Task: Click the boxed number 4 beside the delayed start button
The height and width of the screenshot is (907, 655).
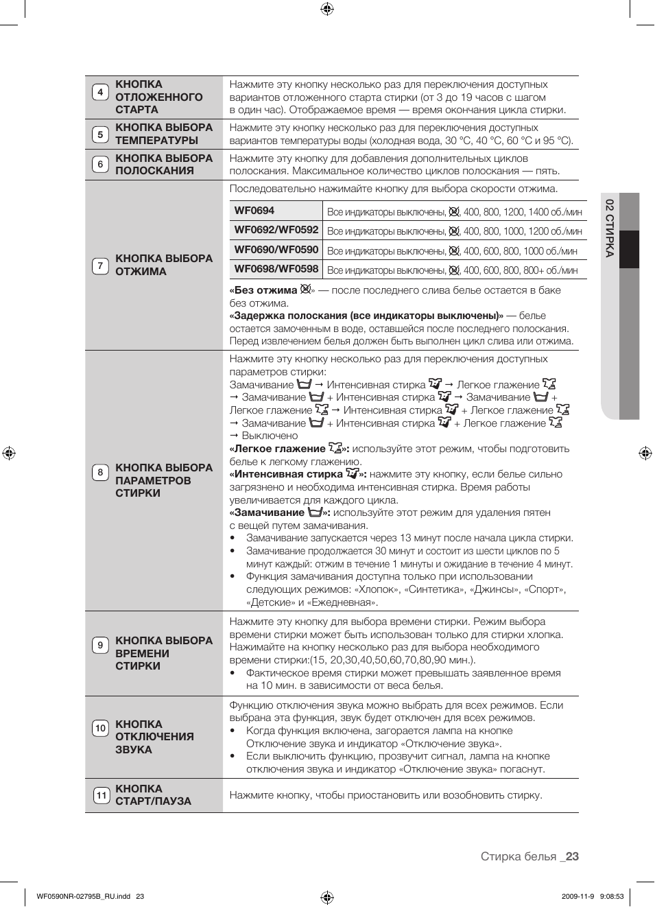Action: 100,91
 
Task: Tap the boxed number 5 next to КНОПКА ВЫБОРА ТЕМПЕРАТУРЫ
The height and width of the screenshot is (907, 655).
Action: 100,134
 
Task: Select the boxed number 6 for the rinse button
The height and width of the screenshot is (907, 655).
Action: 100,165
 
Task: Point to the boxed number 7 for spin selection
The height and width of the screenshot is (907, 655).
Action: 100,266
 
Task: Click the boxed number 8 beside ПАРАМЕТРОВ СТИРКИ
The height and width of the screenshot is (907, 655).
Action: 100,472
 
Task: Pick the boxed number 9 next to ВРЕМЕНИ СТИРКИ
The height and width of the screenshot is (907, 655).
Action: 100,645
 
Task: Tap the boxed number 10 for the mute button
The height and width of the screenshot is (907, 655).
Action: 101,728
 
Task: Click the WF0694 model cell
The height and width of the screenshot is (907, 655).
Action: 254,211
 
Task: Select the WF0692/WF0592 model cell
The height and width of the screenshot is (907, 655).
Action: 276,230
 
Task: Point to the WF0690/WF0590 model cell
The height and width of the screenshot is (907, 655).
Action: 276,250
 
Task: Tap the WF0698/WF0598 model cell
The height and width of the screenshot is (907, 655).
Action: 276,269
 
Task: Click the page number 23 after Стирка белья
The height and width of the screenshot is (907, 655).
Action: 572,856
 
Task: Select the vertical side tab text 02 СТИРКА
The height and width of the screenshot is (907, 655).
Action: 609,228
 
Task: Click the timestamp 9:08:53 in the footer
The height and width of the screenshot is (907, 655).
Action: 612,896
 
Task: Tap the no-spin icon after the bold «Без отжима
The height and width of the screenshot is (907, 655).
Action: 306,290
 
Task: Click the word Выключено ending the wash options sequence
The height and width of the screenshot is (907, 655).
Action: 270,436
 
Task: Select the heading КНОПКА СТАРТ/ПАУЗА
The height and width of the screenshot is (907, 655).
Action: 153,795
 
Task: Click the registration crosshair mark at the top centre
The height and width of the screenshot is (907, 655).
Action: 327,9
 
